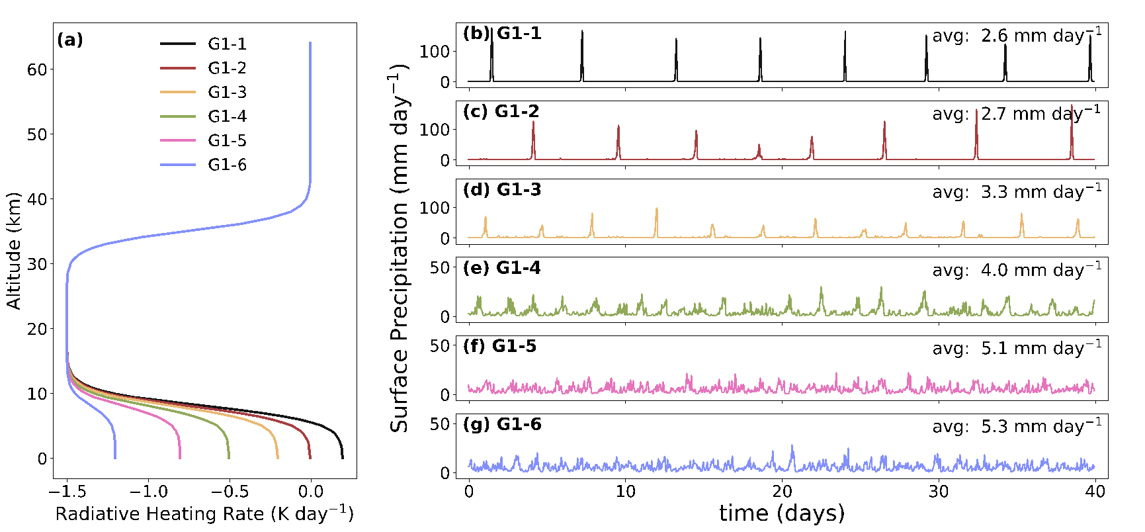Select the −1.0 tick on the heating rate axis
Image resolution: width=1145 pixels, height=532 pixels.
148,492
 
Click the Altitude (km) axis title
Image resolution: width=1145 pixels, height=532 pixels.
13,251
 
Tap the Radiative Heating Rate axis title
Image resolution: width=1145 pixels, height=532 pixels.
204,514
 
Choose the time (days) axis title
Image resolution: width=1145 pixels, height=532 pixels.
782,513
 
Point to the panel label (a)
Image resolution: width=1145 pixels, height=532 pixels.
70,40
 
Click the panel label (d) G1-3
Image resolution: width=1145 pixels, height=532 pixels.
502,190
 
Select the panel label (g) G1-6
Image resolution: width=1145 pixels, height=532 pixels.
502,424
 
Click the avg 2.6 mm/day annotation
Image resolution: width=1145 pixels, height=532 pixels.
1017,35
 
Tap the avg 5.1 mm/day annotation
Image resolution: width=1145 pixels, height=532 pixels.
1017,348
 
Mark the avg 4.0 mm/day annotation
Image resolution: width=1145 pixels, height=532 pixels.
1017,270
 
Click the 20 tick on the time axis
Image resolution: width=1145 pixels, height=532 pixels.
782,492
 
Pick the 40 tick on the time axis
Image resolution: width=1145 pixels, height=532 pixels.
1095,492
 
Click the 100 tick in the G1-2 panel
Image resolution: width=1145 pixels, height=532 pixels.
435,130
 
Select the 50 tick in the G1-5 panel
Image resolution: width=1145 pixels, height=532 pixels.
440,345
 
